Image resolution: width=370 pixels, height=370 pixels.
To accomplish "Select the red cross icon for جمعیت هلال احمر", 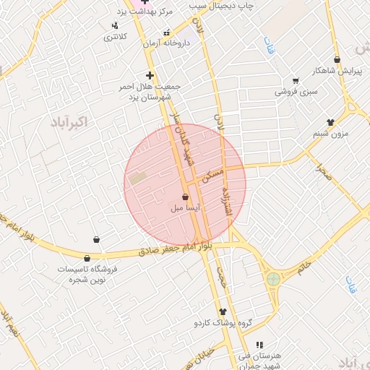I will click(x=150, y=75).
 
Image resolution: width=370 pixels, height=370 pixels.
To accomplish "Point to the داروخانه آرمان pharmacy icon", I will click(x=168, y=33).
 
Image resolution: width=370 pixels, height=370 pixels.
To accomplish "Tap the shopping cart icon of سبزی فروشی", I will click(x=295, y=81).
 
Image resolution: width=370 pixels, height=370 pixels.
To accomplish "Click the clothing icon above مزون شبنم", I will click(x=331, y=122).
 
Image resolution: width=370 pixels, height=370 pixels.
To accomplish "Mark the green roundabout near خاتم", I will click(x=272, y=278).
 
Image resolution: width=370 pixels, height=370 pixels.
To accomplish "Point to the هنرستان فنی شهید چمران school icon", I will click(x=259, y=345).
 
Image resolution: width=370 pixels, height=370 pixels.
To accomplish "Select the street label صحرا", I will click(x=322, y=171).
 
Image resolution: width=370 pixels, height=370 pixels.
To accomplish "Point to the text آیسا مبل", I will click(x=185, y=208).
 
